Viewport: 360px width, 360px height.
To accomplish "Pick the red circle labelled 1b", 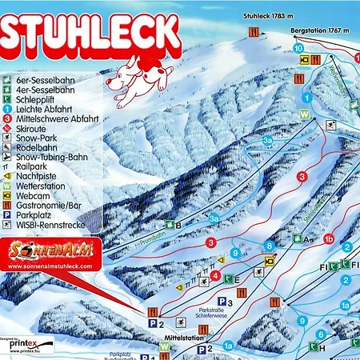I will point(328,238).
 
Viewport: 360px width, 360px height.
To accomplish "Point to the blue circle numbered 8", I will point(270,245).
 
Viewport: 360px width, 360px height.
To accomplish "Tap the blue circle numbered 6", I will point(320,334).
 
